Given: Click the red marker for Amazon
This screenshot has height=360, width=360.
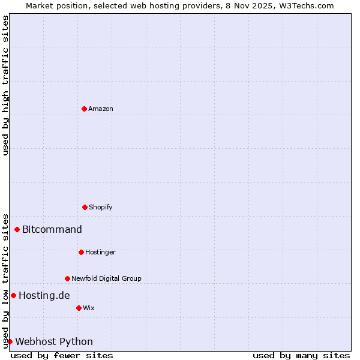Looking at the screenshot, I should click(84, 109).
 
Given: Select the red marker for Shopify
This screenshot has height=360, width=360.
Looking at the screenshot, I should click(85, 207).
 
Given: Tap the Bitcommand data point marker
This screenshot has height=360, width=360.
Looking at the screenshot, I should click(17, 229).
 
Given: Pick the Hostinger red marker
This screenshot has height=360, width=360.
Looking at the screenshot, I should click(81, 252).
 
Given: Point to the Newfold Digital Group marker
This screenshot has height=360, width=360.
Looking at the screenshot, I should click(67, 278).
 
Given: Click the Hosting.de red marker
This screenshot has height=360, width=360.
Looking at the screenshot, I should click(13, 295).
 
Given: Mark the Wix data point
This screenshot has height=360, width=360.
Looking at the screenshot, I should click(79, 308).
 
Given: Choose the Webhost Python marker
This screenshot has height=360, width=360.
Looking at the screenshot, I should click(10, 341).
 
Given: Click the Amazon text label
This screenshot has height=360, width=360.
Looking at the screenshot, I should click(101, 109).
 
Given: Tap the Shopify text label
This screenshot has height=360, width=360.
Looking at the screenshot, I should click(101, 207).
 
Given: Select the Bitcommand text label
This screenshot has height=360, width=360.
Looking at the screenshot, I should click(52, 229).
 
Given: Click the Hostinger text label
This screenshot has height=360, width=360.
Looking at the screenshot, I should click(100, 252).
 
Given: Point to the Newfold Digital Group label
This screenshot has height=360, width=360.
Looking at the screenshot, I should click(106, 278).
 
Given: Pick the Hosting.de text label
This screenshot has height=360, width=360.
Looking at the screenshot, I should click(44, 295).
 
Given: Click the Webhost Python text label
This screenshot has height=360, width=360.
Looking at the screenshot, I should click(54, 341).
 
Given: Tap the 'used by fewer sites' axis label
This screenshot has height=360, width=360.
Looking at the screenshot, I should click(62, 355).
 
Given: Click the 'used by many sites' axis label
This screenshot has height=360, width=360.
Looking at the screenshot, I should click(301, 355).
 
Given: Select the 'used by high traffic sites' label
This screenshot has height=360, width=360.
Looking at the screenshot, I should click(5, 85).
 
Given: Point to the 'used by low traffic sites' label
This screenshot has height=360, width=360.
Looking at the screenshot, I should click(5, 280).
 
